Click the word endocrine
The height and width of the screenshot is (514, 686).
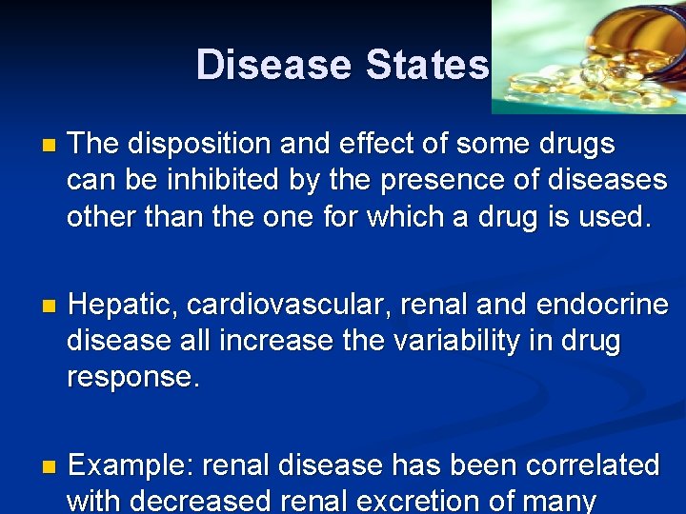[602, 306]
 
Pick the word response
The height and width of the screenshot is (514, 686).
[131, 377]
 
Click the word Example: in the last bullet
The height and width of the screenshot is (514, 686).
[132, 466]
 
